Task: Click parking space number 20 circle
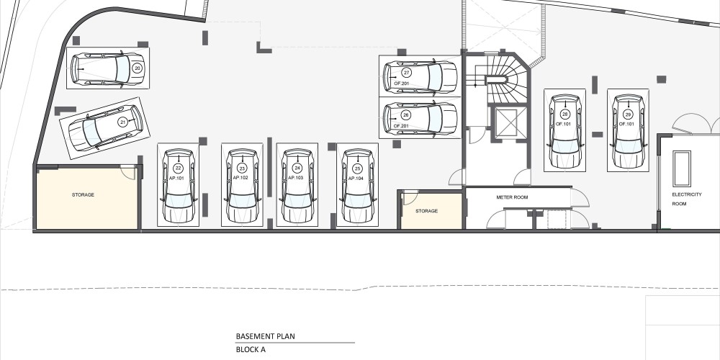point(137,68)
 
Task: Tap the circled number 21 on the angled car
point(122,122)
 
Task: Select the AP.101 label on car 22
point(176,178)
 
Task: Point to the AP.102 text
point(240,178)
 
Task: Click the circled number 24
point(297,168)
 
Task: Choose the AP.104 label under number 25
point(356,178)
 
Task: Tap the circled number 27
point(406,73)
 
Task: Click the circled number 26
point(405,114)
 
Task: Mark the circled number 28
point(564,114)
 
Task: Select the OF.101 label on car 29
point(626,124)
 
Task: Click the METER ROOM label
point(512,197)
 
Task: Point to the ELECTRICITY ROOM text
point(686,199)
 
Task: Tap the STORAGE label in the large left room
point(83,194)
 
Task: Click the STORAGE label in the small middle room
point(426,211)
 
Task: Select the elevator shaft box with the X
point(507,122)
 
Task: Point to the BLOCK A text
point(251,349)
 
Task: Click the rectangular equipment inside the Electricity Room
point(681,163)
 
